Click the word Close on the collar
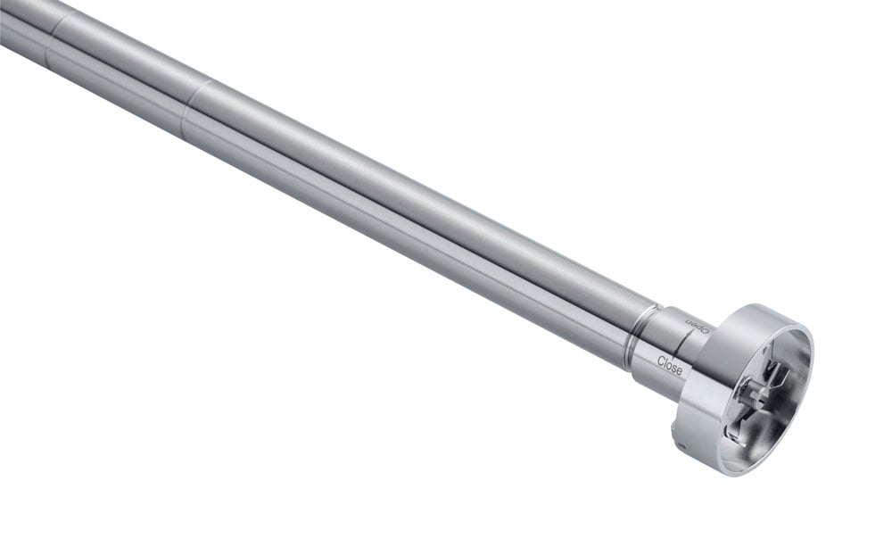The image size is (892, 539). (670, 364)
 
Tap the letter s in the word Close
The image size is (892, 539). (674, 366)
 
